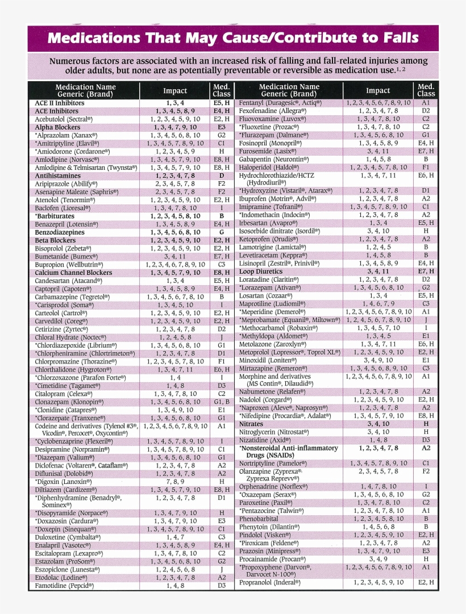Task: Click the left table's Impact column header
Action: click(x=175, y=90)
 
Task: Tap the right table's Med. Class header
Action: click(x=426, y=90)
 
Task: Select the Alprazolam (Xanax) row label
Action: click(x=66, y=136)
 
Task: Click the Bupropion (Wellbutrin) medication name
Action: click(x=69, y=265)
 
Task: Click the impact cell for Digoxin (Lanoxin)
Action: click(x=175, y=482)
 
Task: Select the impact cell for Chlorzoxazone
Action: click(x=175, y=377)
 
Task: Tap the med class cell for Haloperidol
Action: click(x=426, y=168)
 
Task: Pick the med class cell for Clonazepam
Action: click(x=222, y=402)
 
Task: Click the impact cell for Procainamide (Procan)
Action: click(x=378, y=559)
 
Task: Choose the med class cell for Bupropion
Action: click(x=222, y=265)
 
